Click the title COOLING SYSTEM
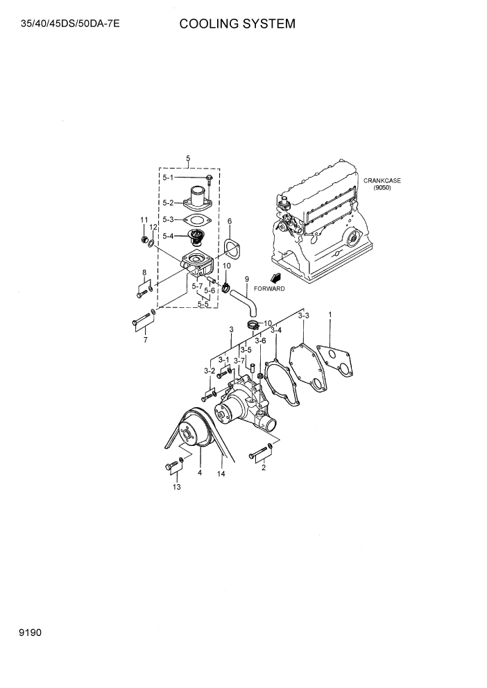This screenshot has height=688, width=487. click(237, 24)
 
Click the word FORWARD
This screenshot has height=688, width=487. click(269, 288)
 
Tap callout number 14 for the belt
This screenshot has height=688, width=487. click(221, 474)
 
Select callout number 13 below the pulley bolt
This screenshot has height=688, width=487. click(176, 488)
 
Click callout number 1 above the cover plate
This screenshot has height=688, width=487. click(330, 314)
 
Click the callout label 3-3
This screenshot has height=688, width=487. click(303, 316)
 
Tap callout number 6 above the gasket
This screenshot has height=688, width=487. click(229, 221)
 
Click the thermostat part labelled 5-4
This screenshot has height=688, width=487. click(197, 240)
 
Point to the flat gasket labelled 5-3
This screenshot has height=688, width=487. click(198, 220)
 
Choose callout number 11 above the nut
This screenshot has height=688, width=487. click(144, 220)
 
